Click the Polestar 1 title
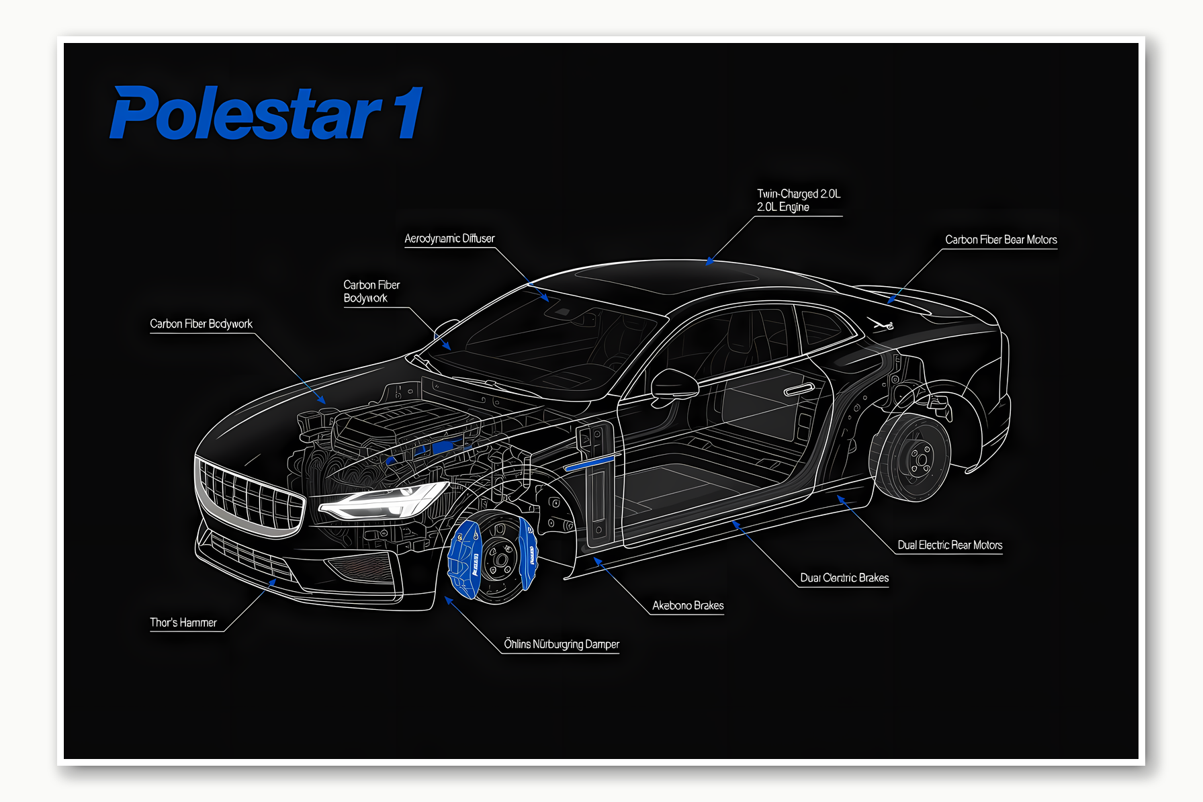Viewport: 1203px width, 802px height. pos(266,113)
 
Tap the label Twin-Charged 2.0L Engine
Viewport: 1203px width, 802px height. pos(798,200)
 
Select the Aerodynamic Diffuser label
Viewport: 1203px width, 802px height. pos(449,238)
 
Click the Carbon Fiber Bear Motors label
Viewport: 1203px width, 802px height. pos(1001,240)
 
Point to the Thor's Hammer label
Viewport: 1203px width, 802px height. pos(183,623)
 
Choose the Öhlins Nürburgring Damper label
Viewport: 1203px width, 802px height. pos(562,644)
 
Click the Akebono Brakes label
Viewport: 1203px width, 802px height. pos(688,605)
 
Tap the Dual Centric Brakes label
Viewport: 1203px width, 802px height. pos(844,578)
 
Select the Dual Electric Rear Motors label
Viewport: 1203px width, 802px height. pos(950,545)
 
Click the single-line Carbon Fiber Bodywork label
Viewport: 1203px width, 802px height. pos(201,324)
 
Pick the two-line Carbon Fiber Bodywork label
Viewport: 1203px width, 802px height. pos(371,292)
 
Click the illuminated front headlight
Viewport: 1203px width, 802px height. pos(383,501)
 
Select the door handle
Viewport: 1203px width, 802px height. pos(799,389)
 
